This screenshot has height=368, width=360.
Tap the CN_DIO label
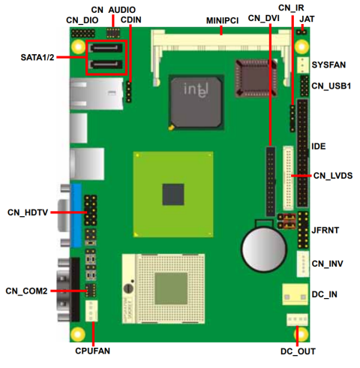82,21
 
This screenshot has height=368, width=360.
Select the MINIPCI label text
222,21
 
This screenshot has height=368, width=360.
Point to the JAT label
307,19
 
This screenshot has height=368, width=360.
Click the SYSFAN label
328,66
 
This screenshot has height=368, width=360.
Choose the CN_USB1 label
332,86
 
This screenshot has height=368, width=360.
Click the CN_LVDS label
332,175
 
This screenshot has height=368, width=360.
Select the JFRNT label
328,223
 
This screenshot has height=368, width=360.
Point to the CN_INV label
328,264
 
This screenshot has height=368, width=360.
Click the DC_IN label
324,294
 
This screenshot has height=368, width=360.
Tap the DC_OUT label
298,351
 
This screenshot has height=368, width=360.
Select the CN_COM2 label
26,291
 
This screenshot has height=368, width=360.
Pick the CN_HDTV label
28,213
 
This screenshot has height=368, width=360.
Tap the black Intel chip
197,100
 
